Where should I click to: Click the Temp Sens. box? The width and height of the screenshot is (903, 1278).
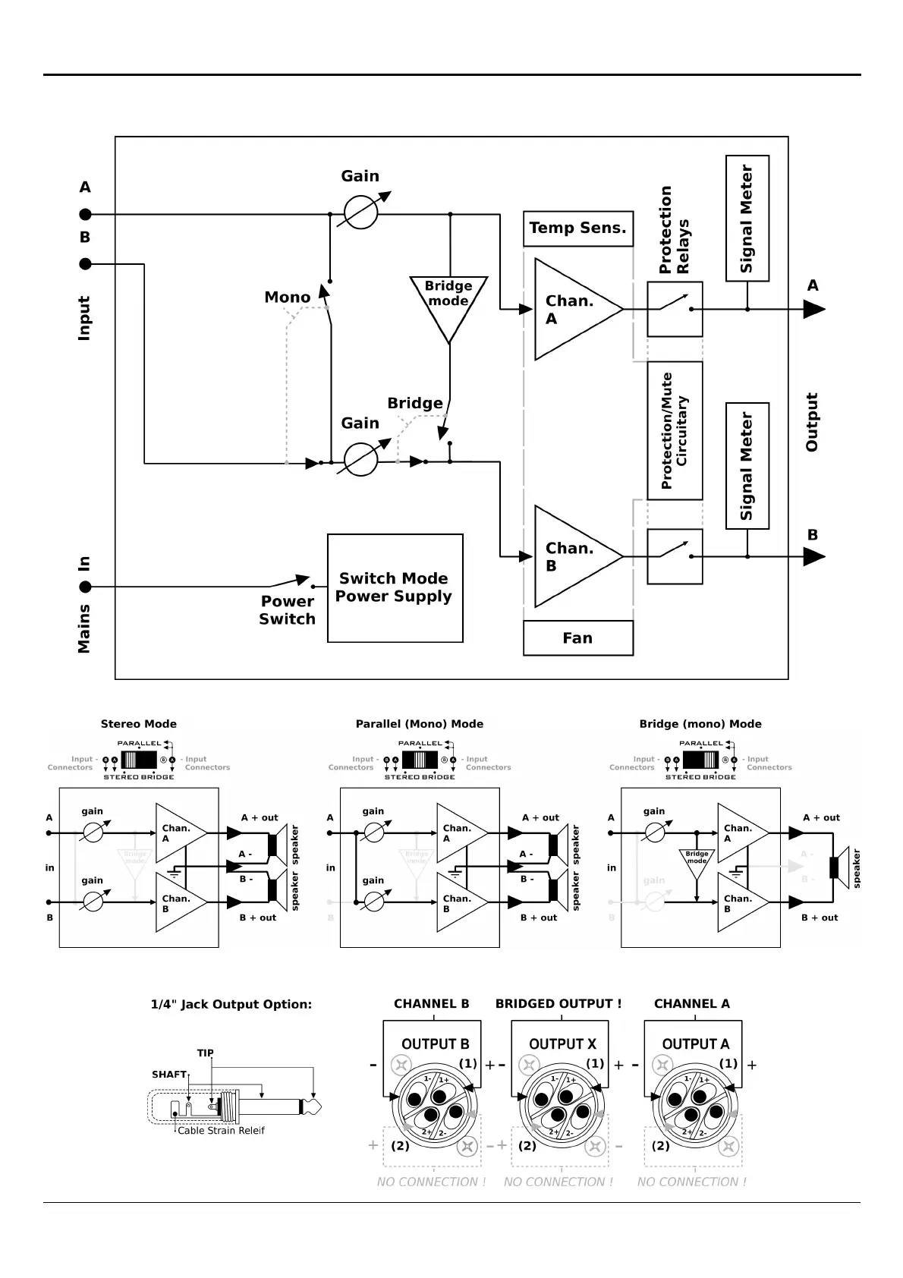point(577,228)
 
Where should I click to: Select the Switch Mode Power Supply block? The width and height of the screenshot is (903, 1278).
point(395,588)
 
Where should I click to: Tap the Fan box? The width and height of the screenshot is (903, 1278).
point(577,638)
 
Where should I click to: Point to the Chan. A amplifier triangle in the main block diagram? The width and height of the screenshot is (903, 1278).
point(569,310)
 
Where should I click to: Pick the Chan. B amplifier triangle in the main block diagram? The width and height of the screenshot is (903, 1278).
point(569,557)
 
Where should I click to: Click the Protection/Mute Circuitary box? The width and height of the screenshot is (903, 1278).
point(675,430)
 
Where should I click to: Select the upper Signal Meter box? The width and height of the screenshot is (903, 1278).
point(747,219)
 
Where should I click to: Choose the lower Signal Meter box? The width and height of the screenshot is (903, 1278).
point(747,466)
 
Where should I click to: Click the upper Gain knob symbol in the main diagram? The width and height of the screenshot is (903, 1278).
point(361,213)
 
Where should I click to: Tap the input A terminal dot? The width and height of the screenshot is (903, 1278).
point(86,214)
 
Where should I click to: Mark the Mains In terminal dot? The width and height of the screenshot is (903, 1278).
point(86,587)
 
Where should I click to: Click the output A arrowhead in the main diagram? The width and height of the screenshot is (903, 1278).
point(814,310)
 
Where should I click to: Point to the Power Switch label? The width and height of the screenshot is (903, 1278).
point(287,610)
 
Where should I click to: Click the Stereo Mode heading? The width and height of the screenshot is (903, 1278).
point(138,724)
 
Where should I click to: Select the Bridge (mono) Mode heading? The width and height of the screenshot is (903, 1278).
point(700,724)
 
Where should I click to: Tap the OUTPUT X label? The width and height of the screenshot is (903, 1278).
point(562,1044)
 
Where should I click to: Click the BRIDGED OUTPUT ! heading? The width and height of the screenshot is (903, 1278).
point(558,1004)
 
